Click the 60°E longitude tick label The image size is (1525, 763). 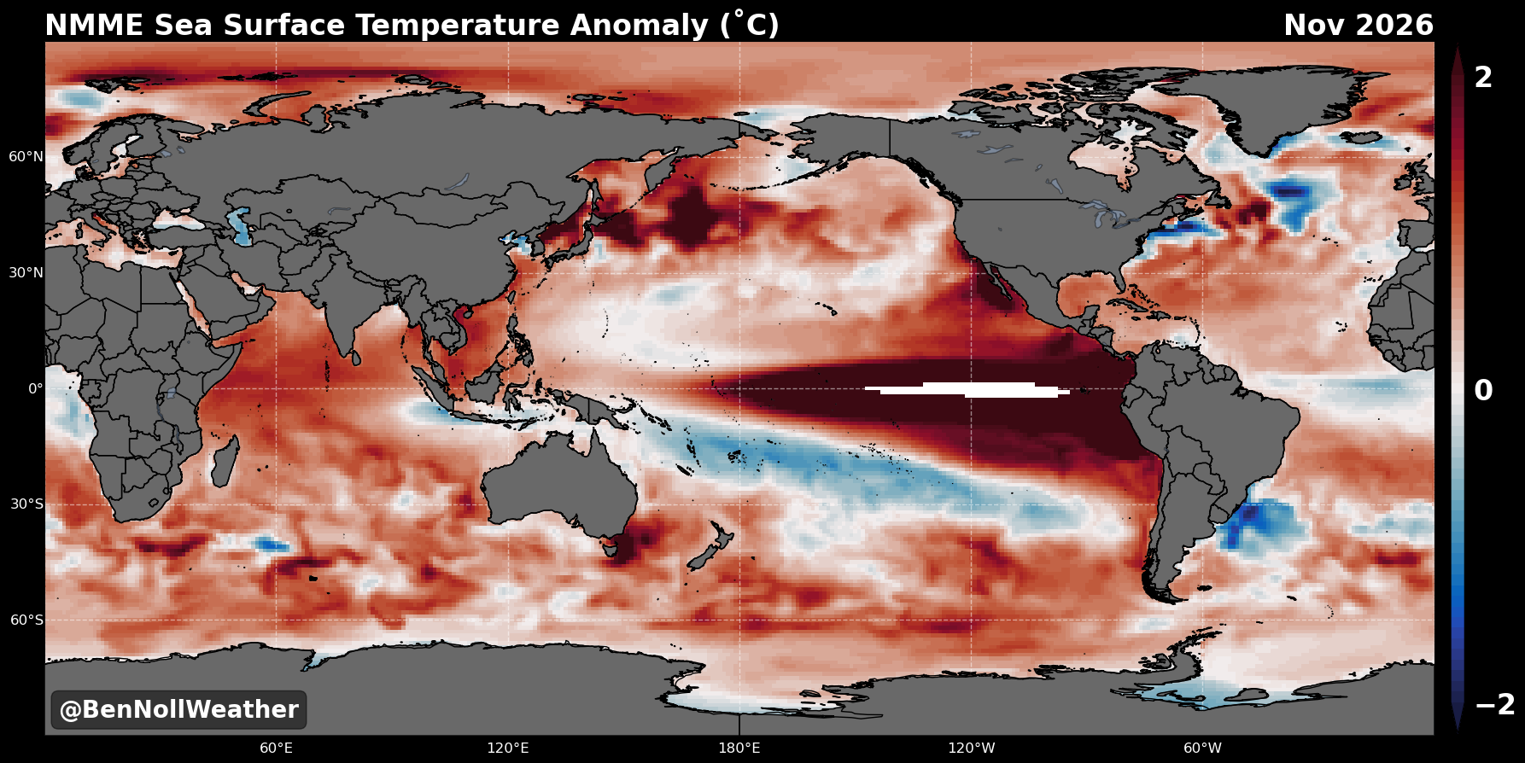pyautogui.click(x=276, y=748)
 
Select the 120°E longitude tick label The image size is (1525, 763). pyautogui.click(x=508, y=748)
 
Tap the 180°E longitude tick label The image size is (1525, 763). pyautogui.click(x=739, y=748)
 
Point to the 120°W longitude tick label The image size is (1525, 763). pyautogui.click(x=972, y=748)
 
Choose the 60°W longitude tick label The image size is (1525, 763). pyautogui.click(x=1202, y=748)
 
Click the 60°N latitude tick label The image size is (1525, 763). pyautogui.click(x=26, y=157)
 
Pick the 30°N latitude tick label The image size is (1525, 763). pyautogui.click(x=26, y=273)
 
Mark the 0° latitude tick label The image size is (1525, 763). pyautogui.click(x=36, y=389)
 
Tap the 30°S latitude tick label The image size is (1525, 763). pyautogui.click(x=26, y=504)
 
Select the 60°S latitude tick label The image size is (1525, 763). pyautogui.click(x=26, y=620)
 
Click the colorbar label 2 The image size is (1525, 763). pyautogui.click(x=1484, y=78)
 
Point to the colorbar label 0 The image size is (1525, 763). pyautogui.click(x=1484, y=391)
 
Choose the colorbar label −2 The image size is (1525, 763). pyautogui.click(x=1495, y=705)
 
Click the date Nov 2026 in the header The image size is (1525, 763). pyautogui.click(x=1358, y=26)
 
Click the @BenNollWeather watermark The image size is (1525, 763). pyautogui.click(x=178, y=710)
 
